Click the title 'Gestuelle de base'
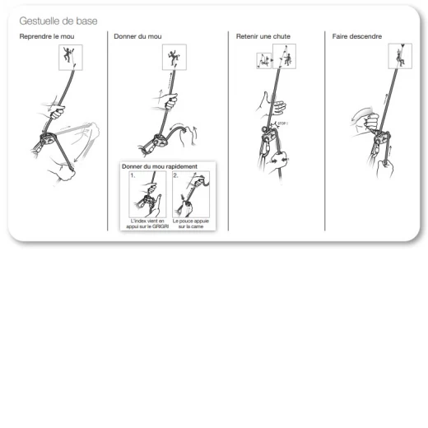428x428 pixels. click(x=58, y=21)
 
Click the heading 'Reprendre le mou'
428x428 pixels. click(x=47, y=36)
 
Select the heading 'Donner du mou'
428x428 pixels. click(x=137, y=36)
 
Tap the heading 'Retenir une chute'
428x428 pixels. click(x=263, y=36)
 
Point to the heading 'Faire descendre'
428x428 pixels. click(x=357, y=36)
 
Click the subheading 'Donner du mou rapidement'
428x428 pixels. click(x=160, y=166)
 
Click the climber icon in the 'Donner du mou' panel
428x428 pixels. click(x=174, y=57)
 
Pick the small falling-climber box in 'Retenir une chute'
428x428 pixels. click(x=263, y=61)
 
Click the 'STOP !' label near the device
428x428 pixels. click(x=282, y=123)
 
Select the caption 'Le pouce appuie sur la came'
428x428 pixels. click(x=191, y=224)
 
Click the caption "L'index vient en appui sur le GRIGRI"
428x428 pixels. click(x=147, y=224)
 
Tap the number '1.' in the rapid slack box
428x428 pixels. click(x=133, y=175)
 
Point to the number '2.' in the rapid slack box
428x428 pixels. click(x=176, y=175)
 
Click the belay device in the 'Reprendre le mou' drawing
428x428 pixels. click(x=48, y=138)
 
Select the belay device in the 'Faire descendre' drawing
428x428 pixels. click(x=382, y=138)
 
